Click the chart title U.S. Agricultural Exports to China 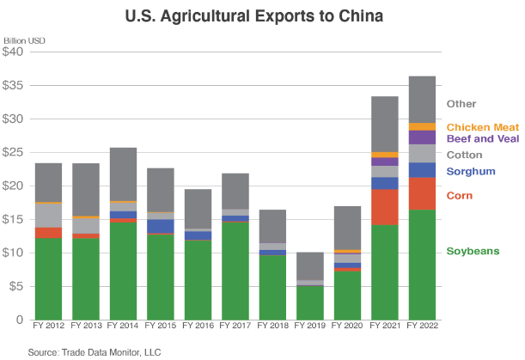263,15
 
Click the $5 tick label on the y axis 18,286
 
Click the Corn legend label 460,196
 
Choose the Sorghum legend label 472,172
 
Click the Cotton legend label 464,156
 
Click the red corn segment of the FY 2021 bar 384,206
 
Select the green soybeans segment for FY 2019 309,302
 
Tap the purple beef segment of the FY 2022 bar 421,137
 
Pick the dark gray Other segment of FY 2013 85,189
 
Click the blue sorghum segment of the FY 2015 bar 160,226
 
